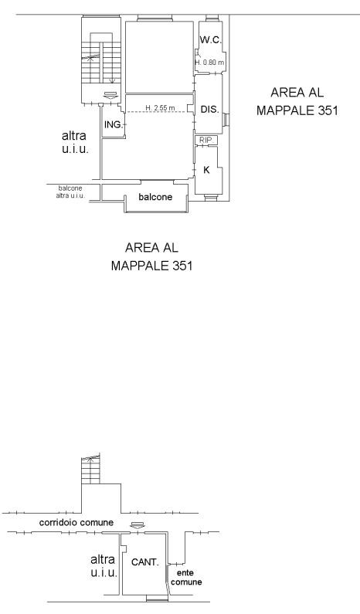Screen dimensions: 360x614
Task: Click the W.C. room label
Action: click(211, 39)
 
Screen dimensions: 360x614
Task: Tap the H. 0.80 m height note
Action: click(210, 63)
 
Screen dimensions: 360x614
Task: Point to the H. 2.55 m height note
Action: click(160, 107)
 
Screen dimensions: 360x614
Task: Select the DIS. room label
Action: click(209, 110)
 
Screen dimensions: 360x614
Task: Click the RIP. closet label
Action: click(205, 140)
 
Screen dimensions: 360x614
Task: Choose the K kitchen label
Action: click(206, 170)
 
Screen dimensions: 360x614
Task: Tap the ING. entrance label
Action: click(114, 125)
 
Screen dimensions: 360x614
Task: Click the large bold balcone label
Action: click(155, 197)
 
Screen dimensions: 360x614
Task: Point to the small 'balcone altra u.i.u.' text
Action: click(70, 192)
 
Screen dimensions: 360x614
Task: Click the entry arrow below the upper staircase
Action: click(111, 95)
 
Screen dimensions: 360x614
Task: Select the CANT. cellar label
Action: click(145, 562)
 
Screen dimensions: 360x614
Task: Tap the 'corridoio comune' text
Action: click(76, 522)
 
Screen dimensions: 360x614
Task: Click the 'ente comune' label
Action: click(186, 578)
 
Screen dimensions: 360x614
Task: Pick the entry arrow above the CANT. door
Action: click(137, 525)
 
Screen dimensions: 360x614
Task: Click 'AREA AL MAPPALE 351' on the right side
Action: click(297, 101)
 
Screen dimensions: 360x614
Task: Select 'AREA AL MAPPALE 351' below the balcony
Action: click(151, 256)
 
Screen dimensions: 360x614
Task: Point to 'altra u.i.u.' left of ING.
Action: click(74, 142)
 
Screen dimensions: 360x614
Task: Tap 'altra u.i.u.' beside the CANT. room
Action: click(104, 566)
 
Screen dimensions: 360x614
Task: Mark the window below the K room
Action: click(211, 198)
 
